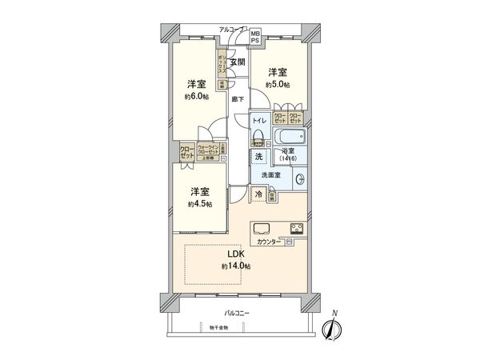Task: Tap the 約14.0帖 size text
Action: point(235,266)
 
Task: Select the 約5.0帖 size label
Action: point(279,84)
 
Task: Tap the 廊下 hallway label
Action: point(238,99)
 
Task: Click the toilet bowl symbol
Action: point(259,136)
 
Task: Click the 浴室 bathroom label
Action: point(289,153)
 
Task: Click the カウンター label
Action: point(269,241)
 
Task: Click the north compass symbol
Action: point(330,328)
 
